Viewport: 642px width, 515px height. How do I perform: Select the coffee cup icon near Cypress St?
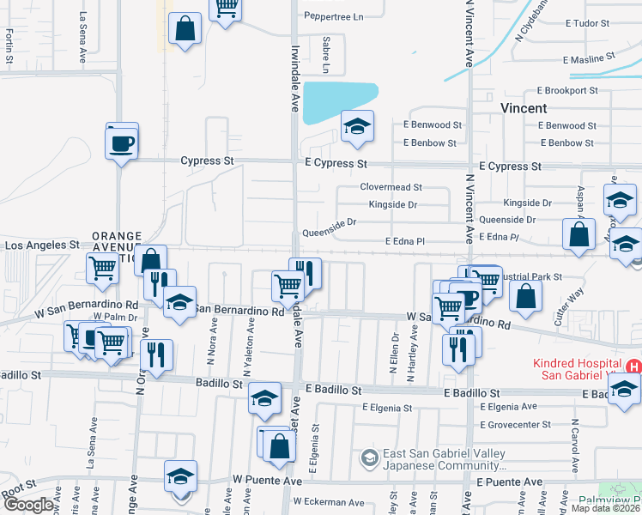[x=122, y=142]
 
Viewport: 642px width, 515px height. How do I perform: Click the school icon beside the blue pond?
[x=357, y=128]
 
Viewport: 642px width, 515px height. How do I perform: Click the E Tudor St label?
[x=587, y=23]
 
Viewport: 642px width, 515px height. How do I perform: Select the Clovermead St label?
[x=391, y=186]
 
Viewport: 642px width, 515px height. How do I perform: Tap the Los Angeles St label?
[x=42, y=245]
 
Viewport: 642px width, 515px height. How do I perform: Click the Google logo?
[x=28, y=505]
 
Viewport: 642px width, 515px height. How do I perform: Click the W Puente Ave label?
[x=256, y=480]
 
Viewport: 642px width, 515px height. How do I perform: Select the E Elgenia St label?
[x=386, y=408]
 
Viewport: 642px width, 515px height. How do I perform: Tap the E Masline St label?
[x=590, y=60]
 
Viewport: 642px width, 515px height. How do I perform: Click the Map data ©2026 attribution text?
[x=605, y=508]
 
